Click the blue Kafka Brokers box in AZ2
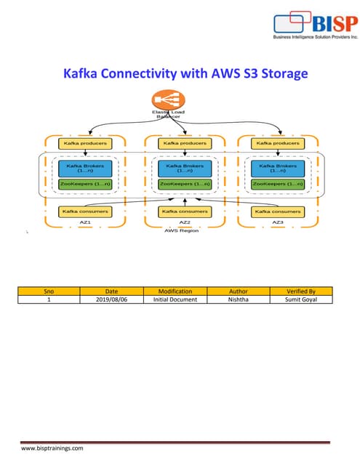180,169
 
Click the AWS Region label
180,231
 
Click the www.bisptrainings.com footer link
52,449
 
